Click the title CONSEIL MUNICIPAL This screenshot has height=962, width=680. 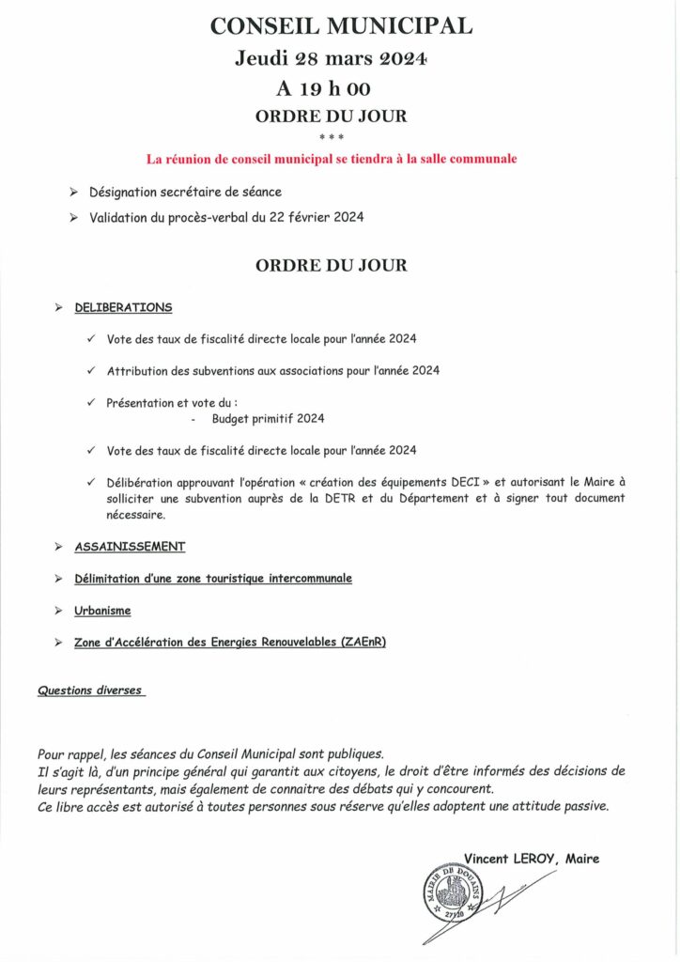[x=341, y=27]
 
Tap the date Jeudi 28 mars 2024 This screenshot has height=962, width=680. [x=332, y=59]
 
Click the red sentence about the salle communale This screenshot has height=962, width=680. [x=331, y=159]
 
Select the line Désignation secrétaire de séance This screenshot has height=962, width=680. [x=185, y=192]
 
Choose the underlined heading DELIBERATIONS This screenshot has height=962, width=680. [x=123, y=307]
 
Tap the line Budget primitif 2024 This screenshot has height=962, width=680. [x=268, y=419]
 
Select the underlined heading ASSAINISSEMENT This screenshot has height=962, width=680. [x=130, y=546]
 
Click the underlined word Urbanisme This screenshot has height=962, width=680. [x=102, y=611]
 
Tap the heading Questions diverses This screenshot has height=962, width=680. [x=90, y=690]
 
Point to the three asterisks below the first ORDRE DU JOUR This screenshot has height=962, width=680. [x=332, y=137]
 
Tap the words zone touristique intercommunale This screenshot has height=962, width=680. [x=266, y=579]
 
